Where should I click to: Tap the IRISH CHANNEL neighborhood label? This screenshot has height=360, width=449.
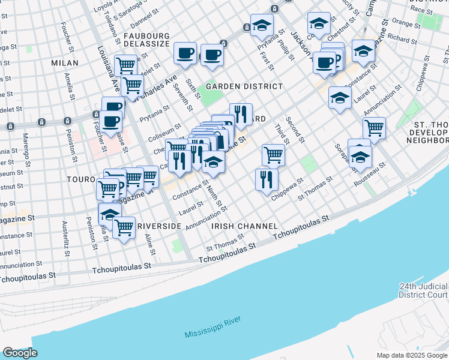[x=244, y=226]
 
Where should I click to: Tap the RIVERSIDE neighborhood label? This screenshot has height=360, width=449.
[x=158, y=226]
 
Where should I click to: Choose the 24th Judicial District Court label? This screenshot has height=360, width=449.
[x=424, y=290]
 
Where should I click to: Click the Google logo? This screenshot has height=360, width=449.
[x=20, y=353]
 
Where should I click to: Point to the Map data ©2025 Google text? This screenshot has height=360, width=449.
[x=412, y=355]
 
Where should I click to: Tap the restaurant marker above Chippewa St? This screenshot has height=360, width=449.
[x=266, y=179]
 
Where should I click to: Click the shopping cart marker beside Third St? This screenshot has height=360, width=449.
[x=273, y=154]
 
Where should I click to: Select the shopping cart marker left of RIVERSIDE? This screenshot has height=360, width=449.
[x=124, y=227]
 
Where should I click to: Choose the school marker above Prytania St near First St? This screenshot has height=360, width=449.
[x=262, y=25]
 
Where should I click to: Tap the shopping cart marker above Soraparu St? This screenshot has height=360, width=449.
[x=374, y=127]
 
